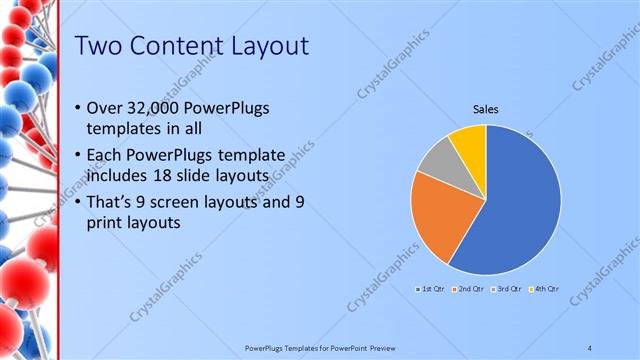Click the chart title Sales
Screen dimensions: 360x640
486,109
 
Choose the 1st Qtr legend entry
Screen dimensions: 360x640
431,289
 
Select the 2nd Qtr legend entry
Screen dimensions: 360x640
470,289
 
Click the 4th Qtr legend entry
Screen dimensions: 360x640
544,289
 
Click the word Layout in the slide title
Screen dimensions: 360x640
264,46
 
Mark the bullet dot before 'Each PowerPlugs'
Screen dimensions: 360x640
80,156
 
